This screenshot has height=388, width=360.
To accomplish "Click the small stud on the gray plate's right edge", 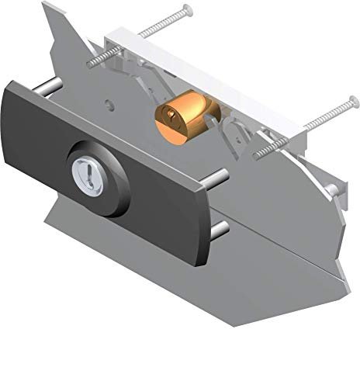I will [332, 189].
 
